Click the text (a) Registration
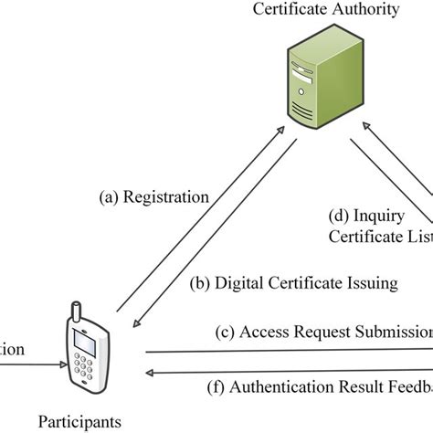153,195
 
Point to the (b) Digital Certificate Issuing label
293,283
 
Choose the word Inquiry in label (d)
375,216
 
